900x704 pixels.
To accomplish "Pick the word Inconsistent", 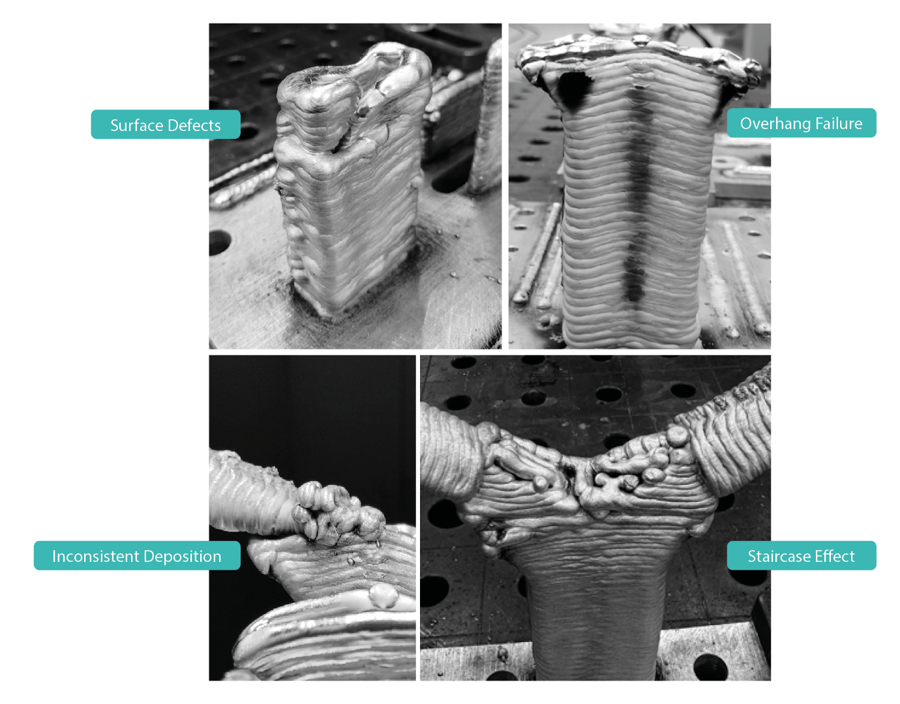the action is click(97, 556).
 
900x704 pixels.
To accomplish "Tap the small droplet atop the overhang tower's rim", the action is click(640, 40).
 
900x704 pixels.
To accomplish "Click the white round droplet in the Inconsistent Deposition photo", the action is click(383, 596).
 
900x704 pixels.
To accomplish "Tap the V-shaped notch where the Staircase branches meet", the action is click(574, 476).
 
